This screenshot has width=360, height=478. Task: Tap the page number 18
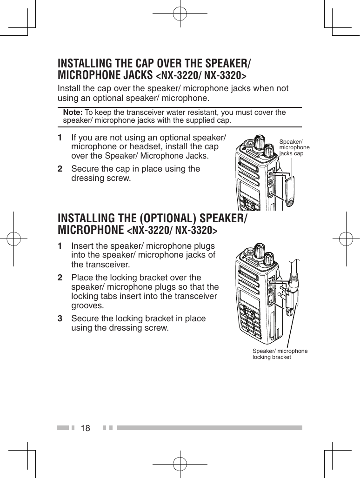[x=86, y=427]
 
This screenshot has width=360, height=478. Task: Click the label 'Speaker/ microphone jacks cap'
[x=294, y=147]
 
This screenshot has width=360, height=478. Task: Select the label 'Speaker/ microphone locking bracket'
[x=280, y=354]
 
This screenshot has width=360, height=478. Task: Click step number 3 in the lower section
[x=60, y=319]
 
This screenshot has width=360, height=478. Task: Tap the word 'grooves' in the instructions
[x=87, y=305]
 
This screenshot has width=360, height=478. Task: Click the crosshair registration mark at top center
[x=180, y=14]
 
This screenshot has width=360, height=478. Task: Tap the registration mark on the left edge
[x=14, y=239]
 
